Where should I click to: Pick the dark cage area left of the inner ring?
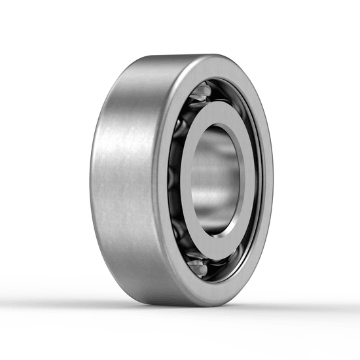(175, 177)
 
